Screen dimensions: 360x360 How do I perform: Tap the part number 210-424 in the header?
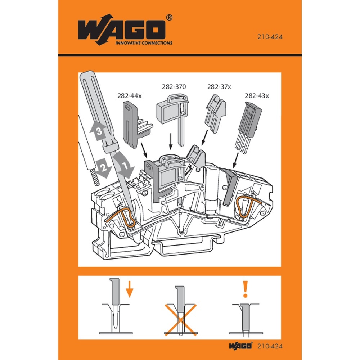pos(269,36)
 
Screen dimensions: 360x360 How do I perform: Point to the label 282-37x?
pos(219,87)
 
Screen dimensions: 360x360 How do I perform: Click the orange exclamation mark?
pos(246,289)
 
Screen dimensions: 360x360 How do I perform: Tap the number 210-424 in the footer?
pos(270,346)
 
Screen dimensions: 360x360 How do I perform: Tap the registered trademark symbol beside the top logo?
pos(169,17)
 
